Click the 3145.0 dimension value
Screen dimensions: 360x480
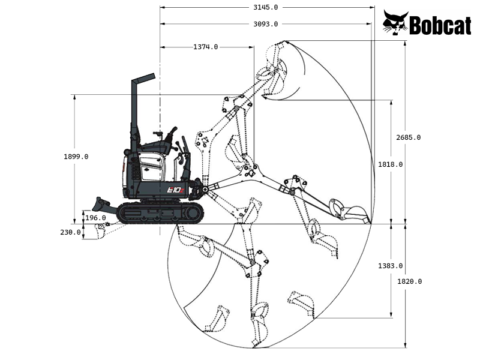(266, 7)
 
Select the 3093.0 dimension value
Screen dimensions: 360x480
(266, 24)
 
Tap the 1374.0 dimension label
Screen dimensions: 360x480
(206, 47)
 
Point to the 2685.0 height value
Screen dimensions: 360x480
(408, 137)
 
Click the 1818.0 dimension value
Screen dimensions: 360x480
(391, 164)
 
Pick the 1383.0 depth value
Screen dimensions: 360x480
(391, 266)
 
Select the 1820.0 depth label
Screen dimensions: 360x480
(409, 281)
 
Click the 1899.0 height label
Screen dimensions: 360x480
(76, 157)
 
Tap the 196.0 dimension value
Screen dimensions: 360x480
(95, 218)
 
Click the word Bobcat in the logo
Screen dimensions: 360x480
(440, 25)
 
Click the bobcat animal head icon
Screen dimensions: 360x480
(395, 23)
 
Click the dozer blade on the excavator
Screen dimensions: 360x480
(101, 203)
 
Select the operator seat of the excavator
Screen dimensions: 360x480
(161, 146)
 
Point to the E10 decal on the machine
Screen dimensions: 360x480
(178, 190)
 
